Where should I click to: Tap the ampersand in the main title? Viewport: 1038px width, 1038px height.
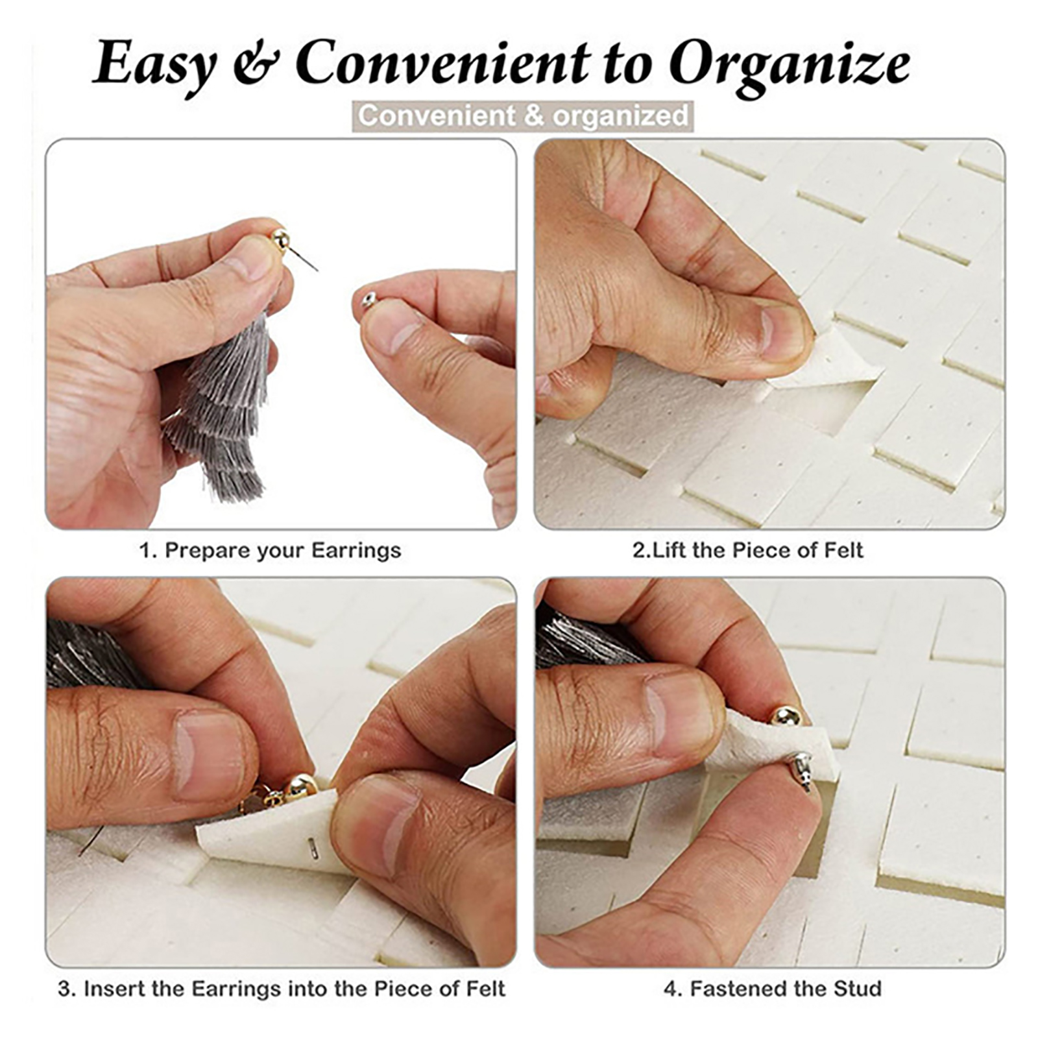[x=256, y=64]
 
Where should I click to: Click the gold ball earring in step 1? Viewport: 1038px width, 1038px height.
[x=280, y=238]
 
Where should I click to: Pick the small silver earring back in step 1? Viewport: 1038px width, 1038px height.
[x=367, y=300]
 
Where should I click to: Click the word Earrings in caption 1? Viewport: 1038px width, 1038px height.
[x=356, y=551]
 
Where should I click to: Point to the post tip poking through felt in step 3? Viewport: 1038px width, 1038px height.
[x=313, y=847]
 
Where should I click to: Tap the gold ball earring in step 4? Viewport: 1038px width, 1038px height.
[x=787, y=717]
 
